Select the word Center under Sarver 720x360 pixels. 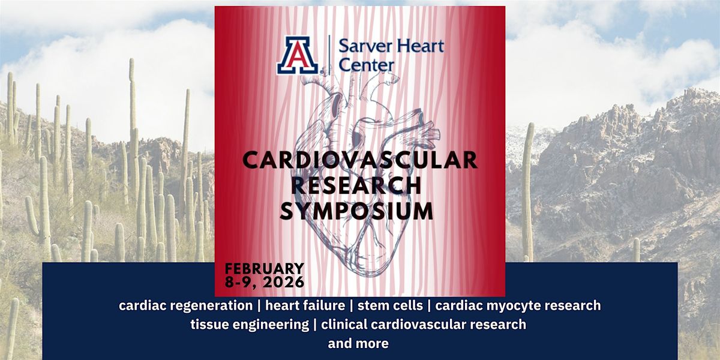367,64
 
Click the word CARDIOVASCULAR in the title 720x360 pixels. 359,160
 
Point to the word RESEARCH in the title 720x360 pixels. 360,185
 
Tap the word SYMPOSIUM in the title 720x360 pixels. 360,211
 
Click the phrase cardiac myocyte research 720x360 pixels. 518,305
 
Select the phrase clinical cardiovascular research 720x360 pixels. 424,325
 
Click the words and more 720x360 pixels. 358,344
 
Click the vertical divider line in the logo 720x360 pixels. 329,55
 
